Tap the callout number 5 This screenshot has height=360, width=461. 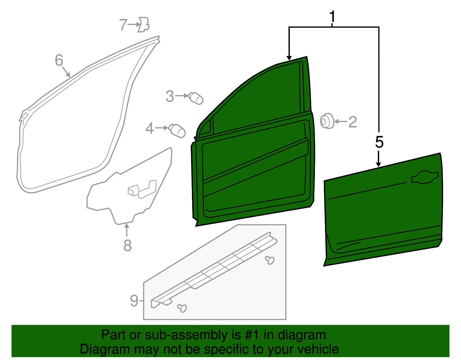tap(379, 142)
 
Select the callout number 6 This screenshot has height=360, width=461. tap(59, 61)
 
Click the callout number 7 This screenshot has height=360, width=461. tap(123, 25)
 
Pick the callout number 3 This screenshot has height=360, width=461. tap(170, 97)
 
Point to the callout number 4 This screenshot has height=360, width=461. tap(150, 129)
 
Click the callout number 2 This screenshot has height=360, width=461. tap(353, 122)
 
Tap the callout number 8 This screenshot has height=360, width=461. tap(127, 246)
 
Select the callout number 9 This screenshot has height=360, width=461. tap(134, 301)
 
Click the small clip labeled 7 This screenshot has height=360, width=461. tap(144, 24)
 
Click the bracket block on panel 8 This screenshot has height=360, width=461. tap(133, 190)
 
